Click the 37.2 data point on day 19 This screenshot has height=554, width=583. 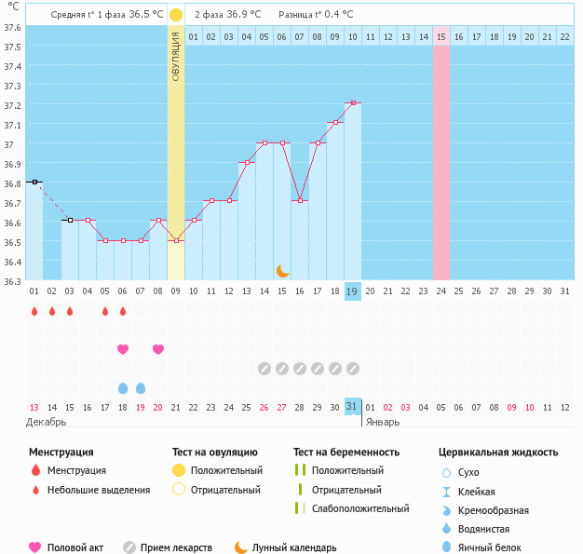[353, 103]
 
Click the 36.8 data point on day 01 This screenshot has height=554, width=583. [34, 182]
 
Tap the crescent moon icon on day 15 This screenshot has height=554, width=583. [282, 270]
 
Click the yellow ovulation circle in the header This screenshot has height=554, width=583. [176, 15]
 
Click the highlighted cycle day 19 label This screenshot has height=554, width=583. [353, 291]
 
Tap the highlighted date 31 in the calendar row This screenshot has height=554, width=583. [352, 407]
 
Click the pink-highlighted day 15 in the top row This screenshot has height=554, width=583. [441, 36]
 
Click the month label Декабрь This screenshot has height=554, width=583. [47, 422]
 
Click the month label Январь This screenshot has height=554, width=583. [382, 422]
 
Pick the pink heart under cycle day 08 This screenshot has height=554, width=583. [158, 349]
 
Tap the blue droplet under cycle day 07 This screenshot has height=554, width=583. [141, 387]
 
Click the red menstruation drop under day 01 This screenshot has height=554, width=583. [34, 311]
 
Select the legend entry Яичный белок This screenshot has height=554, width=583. [490, 547]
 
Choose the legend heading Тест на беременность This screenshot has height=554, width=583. [346, 452]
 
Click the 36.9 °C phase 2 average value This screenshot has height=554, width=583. [242, 15]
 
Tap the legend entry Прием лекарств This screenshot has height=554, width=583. [176, 547]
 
